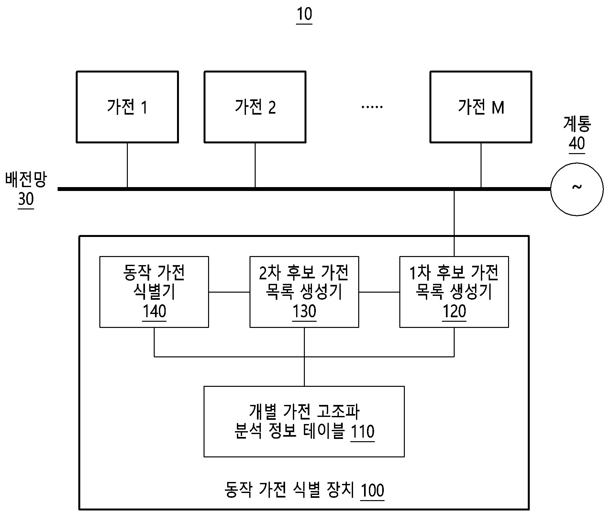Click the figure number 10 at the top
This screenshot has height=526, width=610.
click(304, 14)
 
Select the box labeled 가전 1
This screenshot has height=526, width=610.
click(127, 107)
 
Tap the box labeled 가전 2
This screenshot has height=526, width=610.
click(255, 107)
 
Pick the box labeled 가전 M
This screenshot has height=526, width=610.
click(481, 107)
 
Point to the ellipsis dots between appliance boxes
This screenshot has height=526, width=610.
click(372, 106)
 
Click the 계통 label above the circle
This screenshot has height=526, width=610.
click(577, 124)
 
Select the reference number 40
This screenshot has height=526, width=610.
click(577, 143)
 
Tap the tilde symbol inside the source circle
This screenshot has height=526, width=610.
click(577, 187)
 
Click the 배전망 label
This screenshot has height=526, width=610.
click(26, 180)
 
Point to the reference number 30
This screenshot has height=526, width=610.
click(26, 199)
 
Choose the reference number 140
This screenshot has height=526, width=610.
click(154, 311)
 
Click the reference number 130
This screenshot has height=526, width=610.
click(304, 311)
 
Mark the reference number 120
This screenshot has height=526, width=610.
click(454, 311)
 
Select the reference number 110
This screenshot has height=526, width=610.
click(362, 431)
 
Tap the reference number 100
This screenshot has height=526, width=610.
click(372, 490)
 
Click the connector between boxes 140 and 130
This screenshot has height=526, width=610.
click(229, 292)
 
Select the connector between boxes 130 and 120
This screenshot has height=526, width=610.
click(379, 292)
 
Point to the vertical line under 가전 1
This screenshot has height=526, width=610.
click(127, 165)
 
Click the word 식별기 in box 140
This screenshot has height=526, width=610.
click(154, 292)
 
